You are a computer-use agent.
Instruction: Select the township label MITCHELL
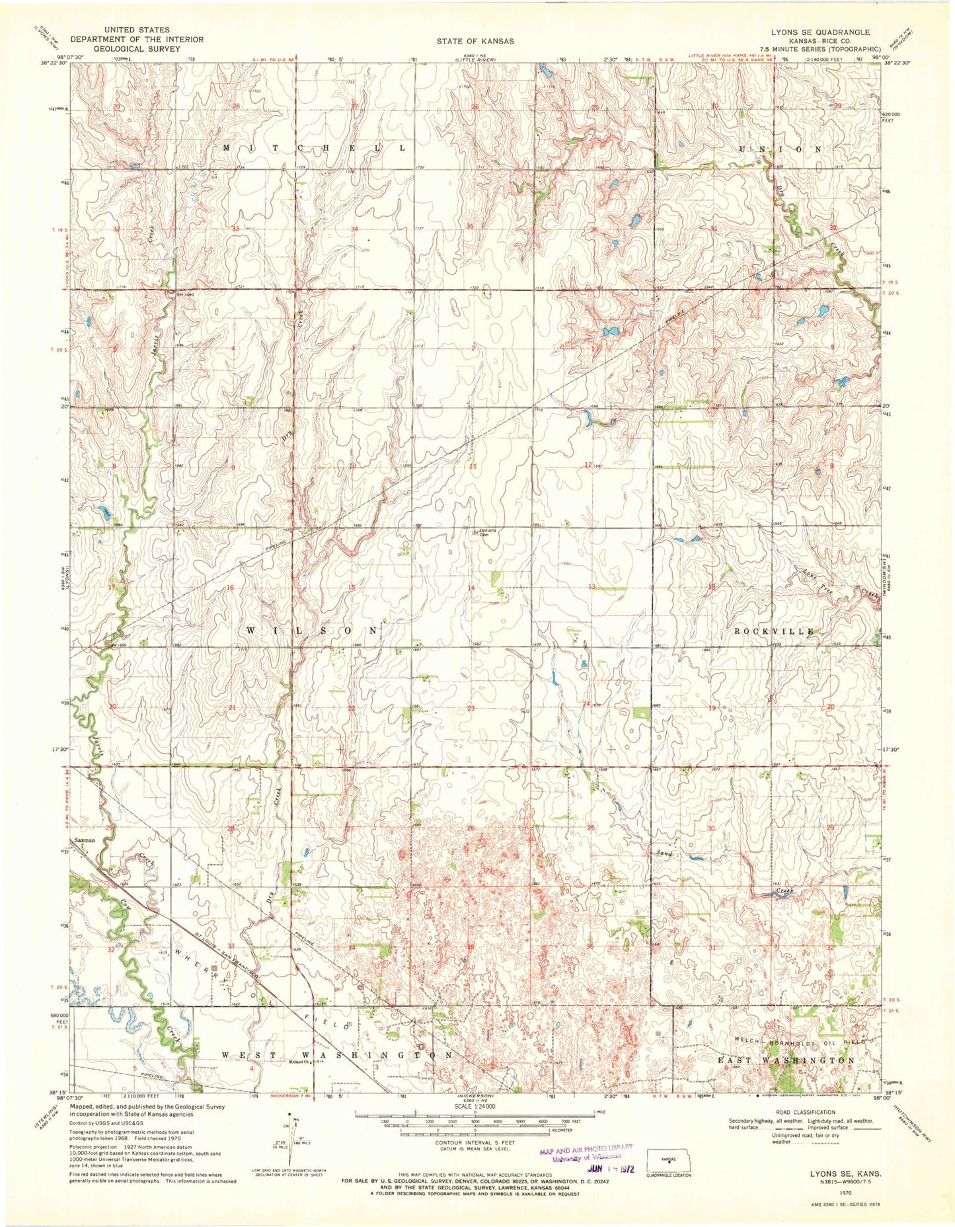[314, 149]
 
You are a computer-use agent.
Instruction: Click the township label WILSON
[313, 631]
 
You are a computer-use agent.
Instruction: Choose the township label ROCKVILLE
[773, 631]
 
